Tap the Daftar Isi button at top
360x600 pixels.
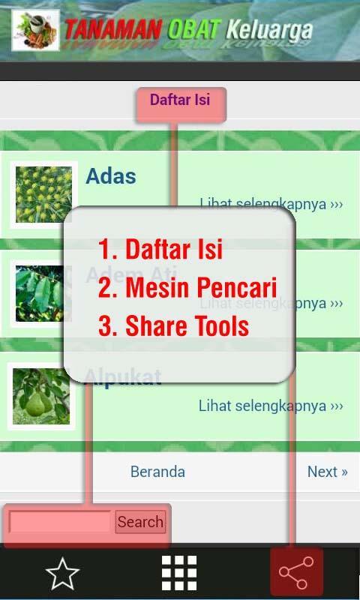180,100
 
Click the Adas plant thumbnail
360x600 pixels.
43,194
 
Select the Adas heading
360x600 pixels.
111,176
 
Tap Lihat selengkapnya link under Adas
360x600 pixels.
271,204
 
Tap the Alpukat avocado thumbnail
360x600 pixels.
41,396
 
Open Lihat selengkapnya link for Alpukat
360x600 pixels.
270,406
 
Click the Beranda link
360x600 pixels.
157,472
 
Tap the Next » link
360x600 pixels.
327,472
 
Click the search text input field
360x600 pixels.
60,522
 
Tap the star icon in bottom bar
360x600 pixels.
62,574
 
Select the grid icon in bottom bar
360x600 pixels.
180,574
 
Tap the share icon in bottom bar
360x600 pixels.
297,574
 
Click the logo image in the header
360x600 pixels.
35,31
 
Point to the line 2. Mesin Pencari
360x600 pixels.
187,287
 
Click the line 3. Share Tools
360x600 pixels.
174,326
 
